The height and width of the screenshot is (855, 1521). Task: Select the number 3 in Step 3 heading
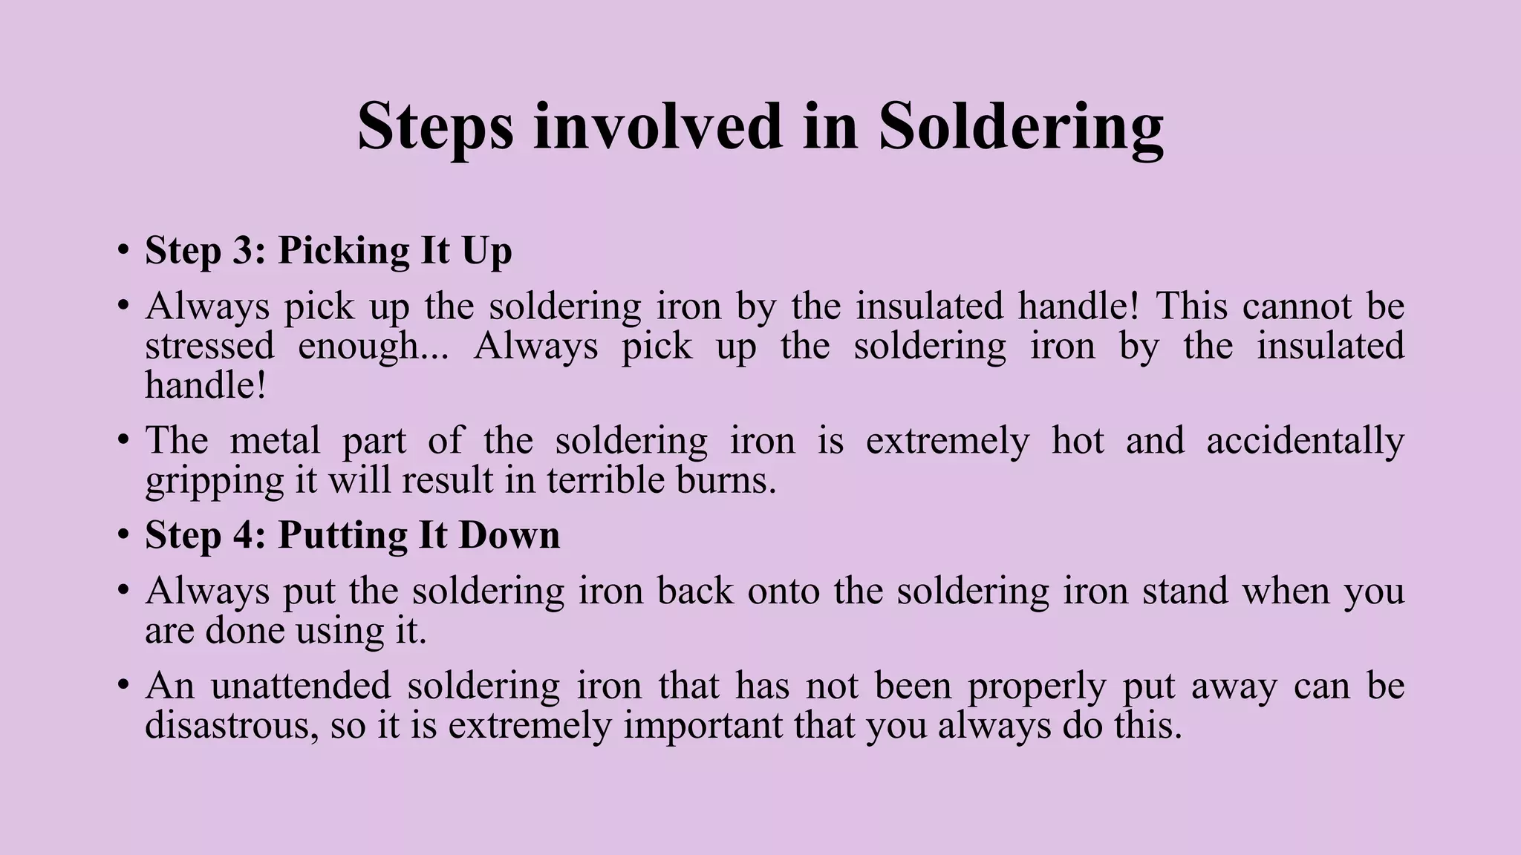point(243,250)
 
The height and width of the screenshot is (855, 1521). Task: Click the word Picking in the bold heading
point(343,252)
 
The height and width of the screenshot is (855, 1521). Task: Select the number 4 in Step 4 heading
point(244,535)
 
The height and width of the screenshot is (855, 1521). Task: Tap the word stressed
point(209,346)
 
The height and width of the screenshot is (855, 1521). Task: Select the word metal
point(275,440)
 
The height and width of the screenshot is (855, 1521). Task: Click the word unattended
point(301,685)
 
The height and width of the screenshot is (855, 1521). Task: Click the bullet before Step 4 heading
point(123,536)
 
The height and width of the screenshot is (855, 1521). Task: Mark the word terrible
point(605,480)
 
